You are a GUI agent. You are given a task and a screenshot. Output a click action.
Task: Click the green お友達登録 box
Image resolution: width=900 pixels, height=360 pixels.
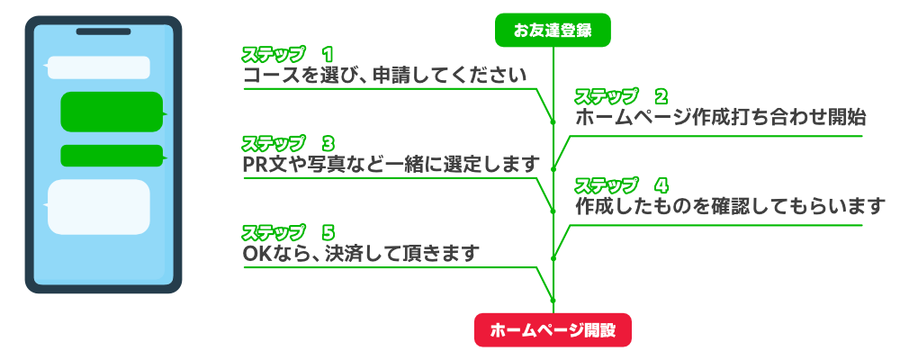553,31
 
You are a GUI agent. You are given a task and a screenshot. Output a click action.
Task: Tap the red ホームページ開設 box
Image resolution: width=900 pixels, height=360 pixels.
553,330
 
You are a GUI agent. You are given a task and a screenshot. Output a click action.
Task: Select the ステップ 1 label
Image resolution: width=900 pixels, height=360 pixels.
288,54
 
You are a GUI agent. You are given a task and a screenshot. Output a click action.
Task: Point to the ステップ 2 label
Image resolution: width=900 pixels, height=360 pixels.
621,95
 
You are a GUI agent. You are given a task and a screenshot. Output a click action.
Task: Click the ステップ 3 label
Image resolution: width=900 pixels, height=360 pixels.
288,143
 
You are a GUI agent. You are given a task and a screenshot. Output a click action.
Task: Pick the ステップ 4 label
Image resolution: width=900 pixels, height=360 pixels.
621,185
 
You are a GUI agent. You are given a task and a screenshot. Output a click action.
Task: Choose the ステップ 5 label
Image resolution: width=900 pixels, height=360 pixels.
288,232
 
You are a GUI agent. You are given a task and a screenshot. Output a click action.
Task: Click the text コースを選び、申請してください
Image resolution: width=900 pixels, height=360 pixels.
384,75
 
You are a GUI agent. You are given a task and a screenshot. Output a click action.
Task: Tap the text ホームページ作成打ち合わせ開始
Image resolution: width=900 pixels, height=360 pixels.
720,116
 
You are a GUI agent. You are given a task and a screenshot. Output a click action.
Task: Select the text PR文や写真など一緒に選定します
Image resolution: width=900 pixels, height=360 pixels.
392,164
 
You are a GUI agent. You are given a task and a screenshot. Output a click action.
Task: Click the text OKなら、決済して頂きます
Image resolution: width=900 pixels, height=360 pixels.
360,254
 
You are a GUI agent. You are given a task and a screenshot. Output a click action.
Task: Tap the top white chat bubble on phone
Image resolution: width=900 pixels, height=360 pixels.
98,67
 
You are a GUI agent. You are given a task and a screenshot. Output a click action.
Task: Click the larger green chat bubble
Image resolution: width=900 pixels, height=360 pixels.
112,112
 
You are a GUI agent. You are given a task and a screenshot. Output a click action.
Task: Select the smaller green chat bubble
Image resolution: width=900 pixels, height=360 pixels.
112,156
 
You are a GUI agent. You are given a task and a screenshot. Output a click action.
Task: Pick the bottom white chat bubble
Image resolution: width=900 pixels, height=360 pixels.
98,206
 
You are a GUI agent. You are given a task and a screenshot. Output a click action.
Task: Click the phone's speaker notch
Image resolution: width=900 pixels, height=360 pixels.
102,31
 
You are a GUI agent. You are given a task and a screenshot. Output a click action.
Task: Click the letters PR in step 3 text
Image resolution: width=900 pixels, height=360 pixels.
255,164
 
